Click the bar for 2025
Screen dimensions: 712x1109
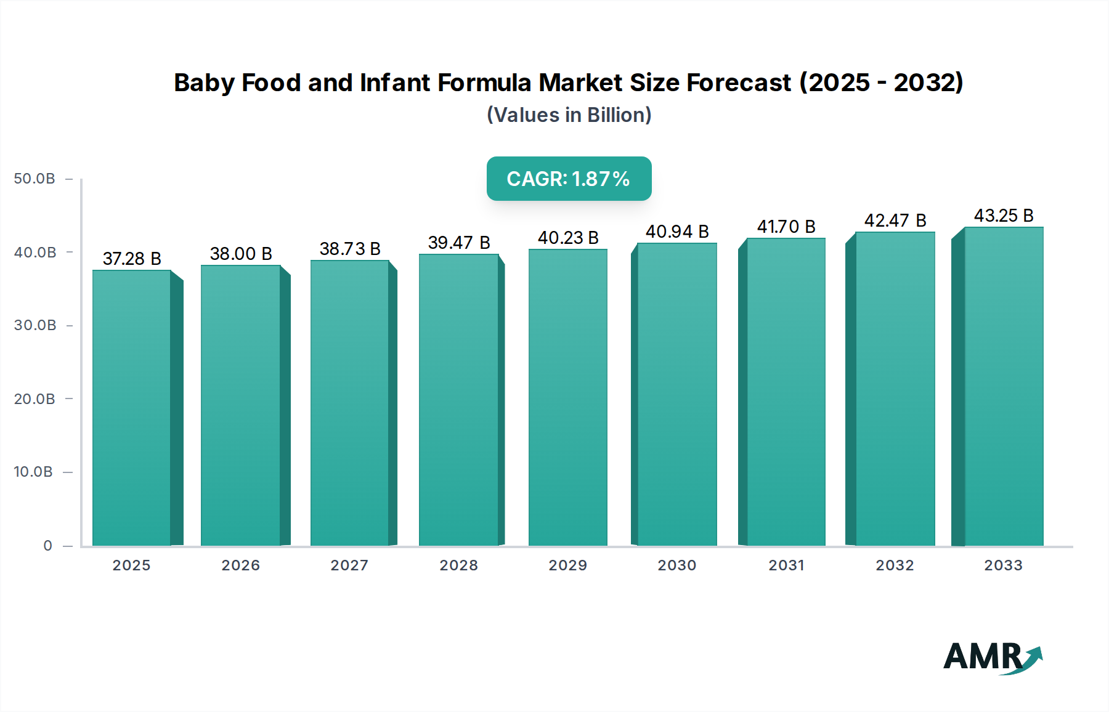[131, 408]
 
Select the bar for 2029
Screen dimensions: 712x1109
[567, 397]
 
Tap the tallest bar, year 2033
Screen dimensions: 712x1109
[1004, 386]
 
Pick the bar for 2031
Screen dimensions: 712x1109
[786, 392]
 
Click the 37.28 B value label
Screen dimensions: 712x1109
[132, 259]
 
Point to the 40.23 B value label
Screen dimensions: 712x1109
[568, 238]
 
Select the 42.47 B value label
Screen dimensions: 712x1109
[895, 220]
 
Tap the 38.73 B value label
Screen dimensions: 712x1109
[350, 249]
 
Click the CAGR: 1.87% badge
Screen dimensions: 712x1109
[569, 179]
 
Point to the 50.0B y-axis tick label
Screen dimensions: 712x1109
[35, 179]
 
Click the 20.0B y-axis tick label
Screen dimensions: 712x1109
[35, 399]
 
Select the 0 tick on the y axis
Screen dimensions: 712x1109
[47, 546]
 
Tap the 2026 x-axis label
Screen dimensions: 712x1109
[240, 565]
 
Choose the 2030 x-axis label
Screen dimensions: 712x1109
[676, 565]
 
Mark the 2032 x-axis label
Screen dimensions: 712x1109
[895, 565]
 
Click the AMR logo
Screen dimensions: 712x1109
[992, 658]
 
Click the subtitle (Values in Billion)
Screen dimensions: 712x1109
[569, 115]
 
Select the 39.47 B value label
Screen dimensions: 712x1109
[459, 243]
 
